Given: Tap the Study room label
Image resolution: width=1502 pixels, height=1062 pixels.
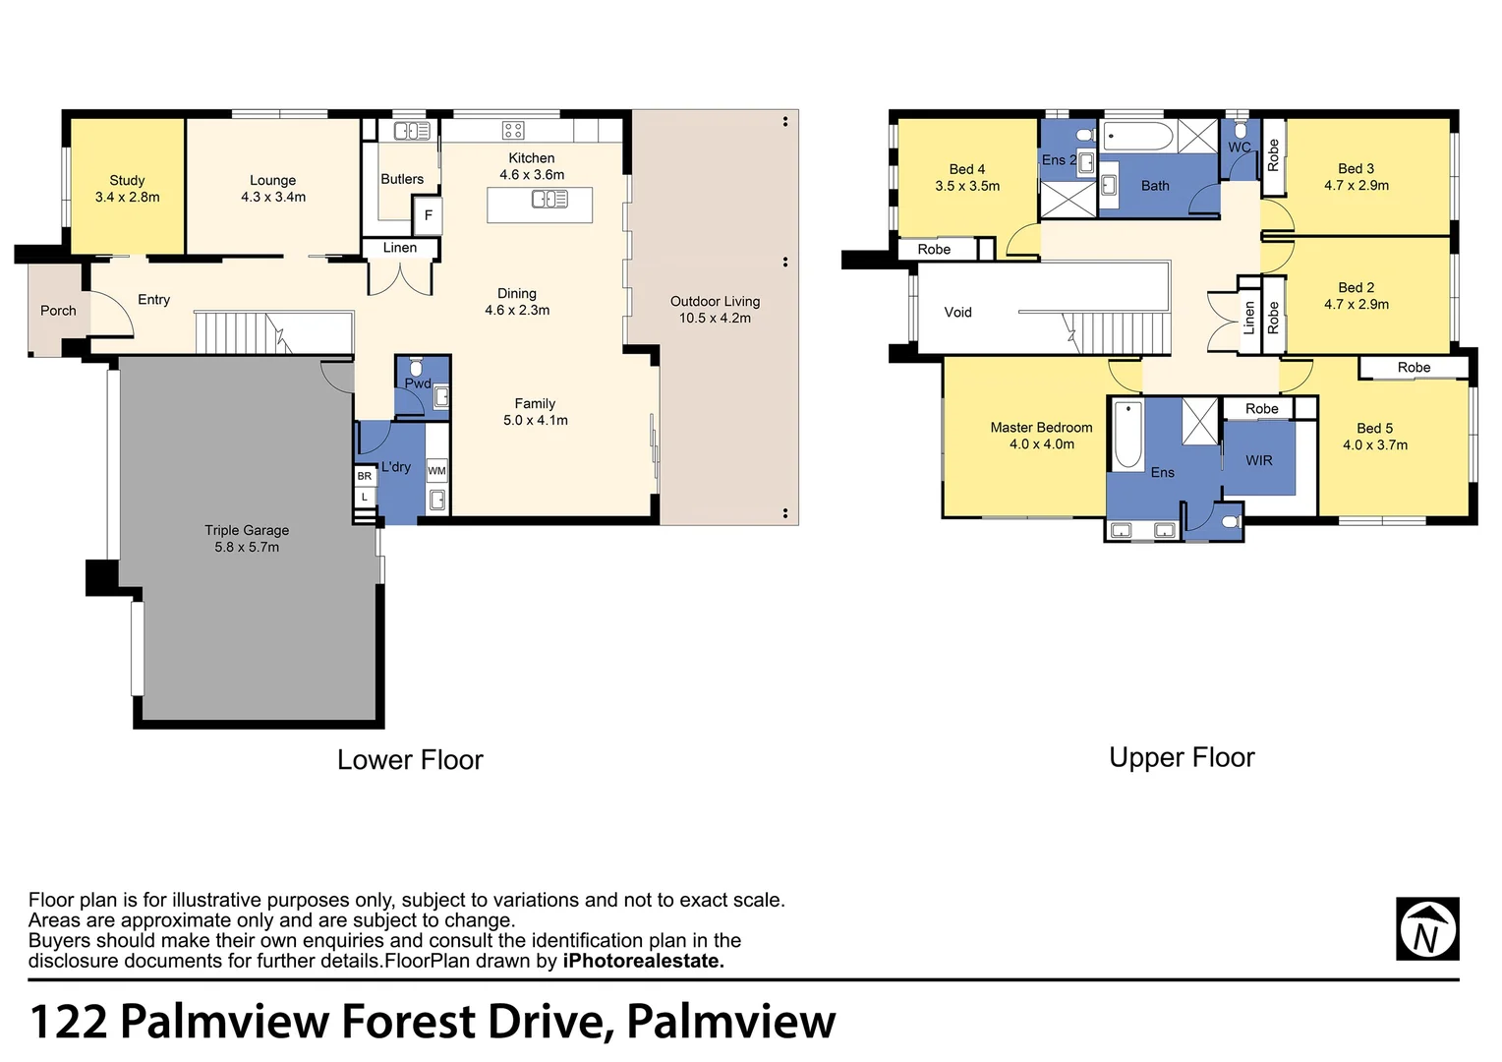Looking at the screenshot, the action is (x=127, y=181).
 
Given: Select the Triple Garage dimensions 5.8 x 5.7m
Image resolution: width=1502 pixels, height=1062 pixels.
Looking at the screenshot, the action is (x=247, y=547).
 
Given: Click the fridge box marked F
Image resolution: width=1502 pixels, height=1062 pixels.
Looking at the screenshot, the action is (x=428, y=215).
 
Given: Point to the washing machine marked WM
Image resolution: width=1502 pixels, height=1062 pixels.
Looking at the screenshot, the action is (x=436, y=471).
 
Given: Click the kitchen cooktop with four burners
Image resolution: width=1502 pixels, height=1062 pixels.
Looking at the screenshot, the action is (x=513, y=130).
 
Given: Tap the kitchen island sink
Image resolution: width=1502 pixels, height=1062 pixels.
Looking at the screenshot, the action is (x=549, y=200).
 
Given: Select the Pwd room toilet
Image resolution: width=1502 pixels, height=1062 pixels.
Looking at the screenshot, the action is (x=416, y=368).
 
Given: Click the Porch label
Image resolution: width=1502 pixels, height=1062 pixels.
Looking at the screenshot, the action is (x=58, y=311).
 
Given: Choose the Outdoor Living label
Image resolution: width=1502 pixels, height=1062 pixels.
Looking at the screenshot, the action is (x=715, y=302).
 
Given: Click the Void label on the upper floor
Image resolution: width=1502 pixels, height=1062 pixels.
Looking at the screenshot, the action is (x=957, y=312).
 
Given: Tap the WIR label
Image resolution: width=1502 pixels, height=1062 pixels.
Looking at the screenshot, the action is (x=1258, y=460).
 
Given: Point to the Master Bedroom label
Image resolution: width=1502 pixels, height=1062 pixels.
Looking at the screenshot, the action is (x=1041, y=428).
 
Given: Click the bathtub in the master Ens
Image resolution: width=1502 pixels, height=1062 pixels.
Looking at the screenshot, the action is (x=1127, y=435).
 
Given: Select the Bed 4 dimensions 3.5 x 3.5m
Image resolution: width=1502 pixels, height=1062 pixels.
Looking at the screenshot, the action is (x=967, y=186).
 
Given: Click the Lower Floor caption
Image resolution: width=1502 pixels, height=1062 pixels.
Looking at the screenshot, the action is (x=410, y=759).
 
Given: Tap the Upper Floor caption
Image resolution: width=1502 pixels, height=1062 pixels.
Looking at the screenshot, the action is (x=1182, y=757).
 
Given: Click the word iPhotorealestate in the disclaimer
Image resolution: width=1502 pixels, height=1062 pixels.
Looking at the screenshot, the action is (x=644, y=961).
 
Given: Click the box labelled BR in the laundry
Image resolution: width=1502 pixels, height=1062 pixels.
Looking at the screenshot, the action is (x=364, y=476).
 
